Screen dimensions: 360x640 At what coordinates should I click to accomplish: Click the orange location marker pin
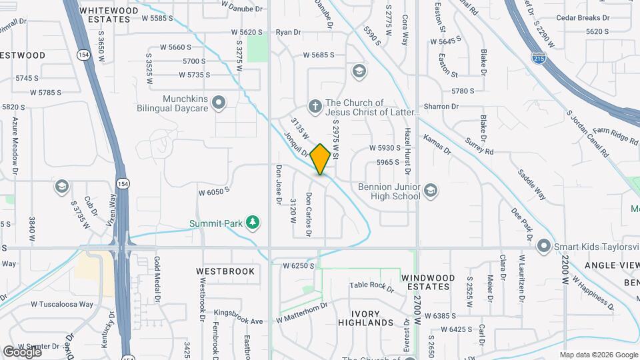pyautogui.click(x=320, y=159)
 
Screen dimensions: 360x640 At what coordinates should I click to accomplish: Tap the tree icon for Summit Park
pyautogui.click(x=253, y=222)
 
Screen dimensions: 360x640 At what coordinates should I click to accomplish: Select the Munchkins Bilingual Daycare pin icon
pyautogui.click(x=219, y=103)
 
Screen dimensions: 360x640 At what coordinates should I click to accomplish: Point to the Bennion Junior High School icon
pyautogui.click(x=431, y=191)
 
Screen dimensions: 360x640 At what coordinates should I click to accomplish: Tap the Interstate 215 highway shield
pyautogui.click(x=539, y=57)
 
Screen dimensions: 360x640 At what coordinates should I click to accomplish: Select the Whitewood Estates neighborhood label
pyautogui.click(x=105, y=15)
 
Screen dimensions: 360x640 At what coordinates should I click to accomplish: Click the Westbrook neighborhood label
pyautogui.click(x=225, y=271)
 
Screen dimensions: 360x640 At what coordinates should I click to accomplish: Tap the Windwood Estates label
pyautogui.click(x=428, y=282)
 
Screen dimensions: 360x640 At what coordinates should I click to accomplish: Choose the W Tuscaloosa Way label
pyautogui.click(x=61, y=304)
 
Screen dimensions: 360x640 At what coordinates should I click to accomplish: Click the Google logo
pyautogui.click(x=21, y=351)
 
